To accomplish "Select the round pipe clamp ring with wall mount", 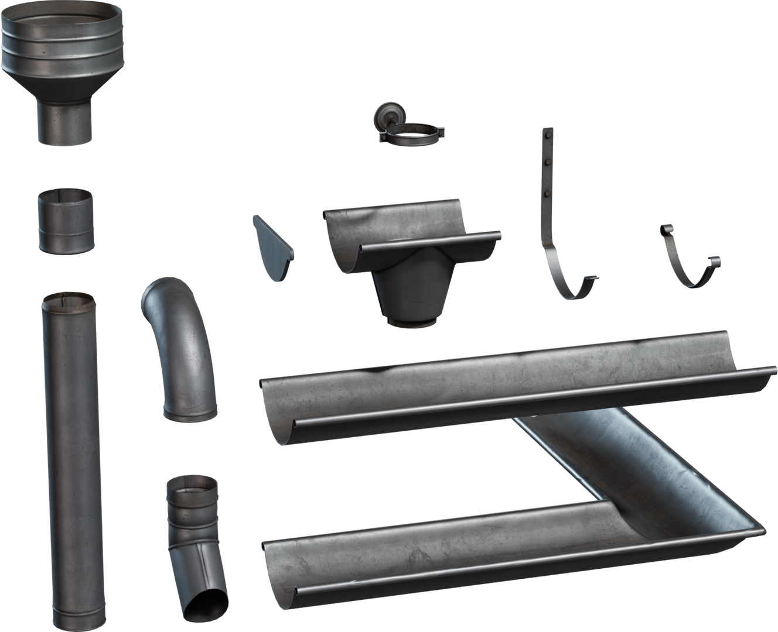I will [x=414, y=134].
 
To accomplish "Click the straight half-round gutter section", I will [x=516, y=386].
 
